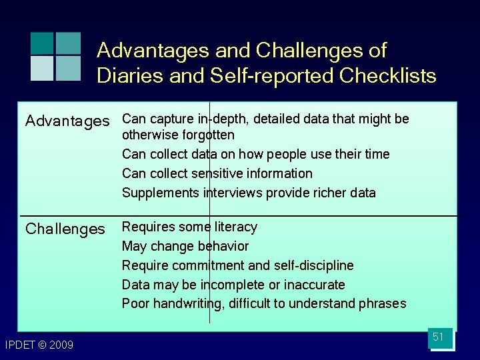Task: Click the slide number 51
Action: [x=438, y=337]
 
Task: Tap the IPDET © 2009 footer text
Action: [x=39, y=345]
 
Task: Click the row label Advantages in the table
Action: [x=67, y=121]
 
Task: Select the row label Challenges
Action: [x=65, y=229]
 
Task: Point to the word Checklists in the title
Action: [x=387, y=76]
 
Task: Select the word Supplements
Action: [x=155, y=193]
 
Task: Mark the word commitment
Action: [x=205, y=265]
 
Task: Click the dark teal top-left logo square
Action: [x=42, y=43]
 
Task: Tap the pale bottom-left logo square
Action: [x=42, y=68]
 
